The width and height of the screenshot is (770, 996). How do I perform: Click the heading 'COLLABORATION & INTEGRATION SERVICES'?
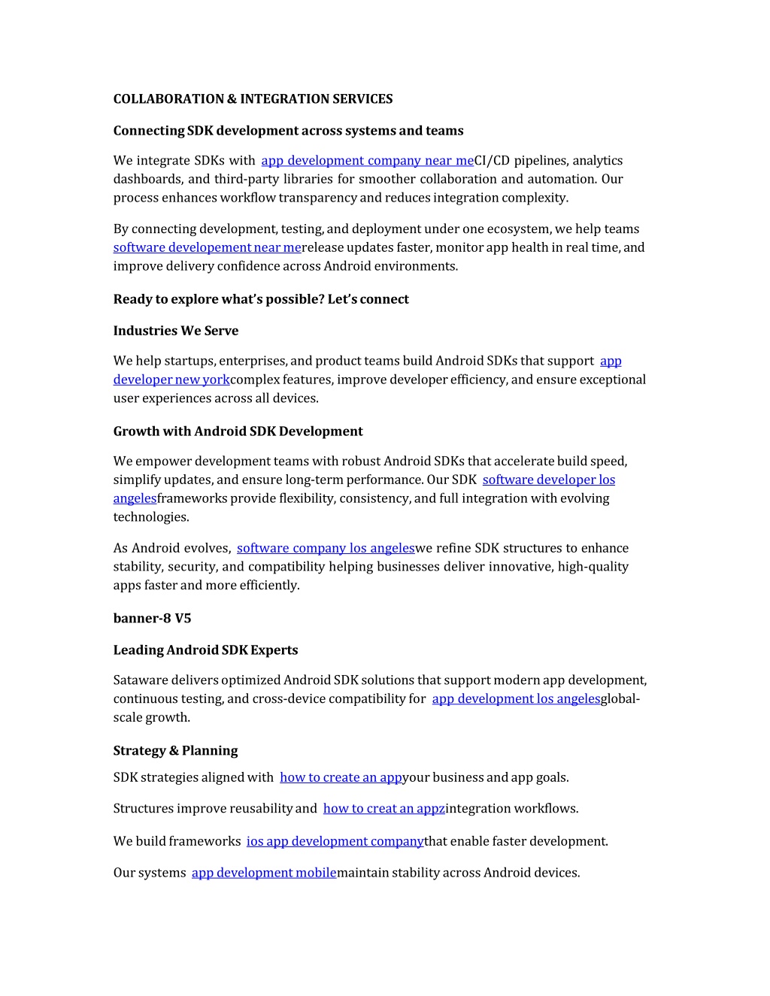pyautogui.click(x=253, y=99)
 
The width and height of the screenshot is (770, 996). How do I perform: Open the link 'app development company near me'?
pyautogui.click(x=367, y=161)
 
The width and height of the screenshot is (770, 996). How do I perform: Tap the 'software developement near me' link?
pyautogui.click(x=207, y=248)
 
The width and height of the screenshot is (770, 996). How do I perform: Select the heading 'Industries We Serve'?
pyautogui.click(x=175, y=331)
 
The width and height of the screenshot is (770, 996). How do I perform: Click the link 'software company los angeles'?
pyautogui.click(x=326, y=549)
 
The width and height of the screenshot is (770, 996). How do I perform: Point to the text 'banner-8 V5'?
pyautogui.click(x=152, y=619)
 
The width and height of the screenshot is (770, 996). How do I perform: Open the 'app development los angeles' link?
pyautogui.click(x=516, y=699)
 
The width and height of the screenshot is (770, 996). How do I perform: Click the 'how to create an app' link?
pyautogui.click(x=341, y=778)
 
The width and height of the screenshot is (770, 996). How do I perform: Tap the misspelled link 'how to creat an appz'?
pyautogui.click(x=383, y=809)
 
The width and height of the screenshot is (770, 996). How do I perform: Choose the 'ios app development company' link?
pyautogui.click(x=335, y=842)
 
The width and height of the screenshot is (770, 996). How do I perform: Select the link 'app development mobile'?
pyautogui.click(x=263, y=873)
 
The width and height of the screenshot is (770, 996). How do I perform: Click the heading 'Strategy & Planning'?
pyautogui.click(x=175, y=751)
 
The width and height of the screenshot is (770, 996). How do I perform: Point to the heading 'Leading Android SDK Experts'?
pyautogui.click(x=205, y=650)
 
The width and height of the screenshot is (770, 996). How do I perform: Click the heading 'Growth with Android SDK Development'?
pyautogui.click(x=238, y=431)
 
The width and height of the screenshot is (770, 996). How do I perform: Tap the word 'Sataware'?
pyautogui.click(x=141, y=680)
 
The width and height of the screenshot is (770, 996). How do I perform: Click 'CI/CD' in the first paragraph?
pyautogui.click(x=492, y=161)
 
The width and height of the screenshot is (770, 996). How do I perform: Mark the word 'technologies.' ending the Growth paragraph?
pyautogui.click(x=151, y=517)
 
